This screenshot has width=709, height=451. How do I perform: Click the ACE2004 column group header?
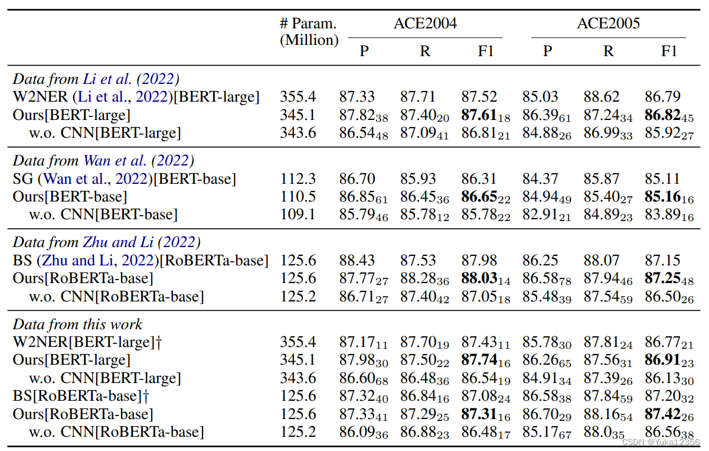(425, 24)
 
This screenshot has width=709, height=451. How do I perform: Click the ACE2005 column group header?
(608, 24)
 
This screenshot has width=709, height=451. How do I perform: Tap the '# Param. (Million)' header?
(309, 32)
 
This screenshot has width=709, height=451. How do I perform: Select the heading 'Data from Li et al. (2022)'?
(96, 79)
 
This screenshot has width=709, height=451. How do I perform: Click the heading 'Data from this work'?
(78, 324)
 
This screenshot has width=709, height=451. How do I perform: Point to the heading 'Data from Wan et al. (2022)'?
(104, 161)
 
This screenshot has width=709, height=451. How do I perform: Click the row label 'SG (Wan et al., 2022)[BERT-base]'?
(125, 179)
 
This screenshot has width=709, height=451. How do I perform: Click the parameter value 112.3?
(298, 179)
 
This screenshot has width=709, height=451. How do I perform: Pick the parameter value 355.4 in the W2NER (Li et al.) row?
(298, 97)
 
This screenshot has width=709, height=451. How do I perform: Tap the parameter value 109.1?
(298, 214)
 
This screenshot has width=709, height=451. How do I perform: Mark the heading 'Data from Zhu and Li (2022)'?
(107, 242)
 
